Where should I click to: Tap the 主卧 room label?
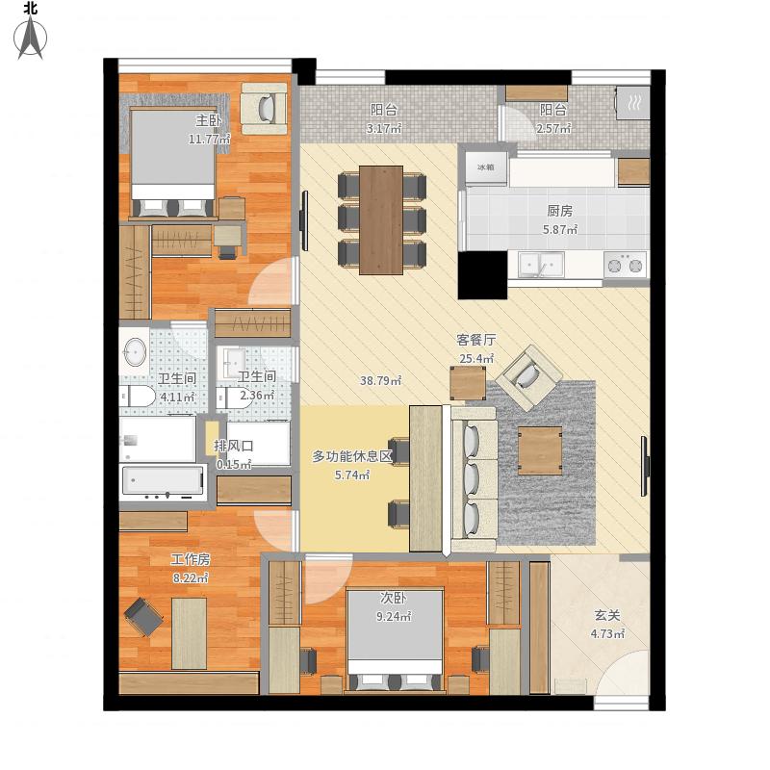click(x=209, y=120)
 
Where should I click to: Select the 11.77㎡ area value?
click(x=210, y=139)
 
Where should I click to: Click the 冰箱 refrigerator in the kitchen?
click(x=486, y=167)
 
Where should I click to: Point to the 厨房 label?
click(x=560, y=211)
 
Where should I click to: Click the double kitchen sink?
click(x=542, y=265)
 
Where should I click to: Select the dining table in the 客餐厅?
click(x=381, y=220)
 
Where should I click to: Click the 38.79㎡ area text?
click(x=381, y=380)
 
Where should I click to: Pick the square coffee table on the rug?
click(x=540, y=450)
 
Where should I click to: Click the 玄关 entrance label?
click(x=607, y=615)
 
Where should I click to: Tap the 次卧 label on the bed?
click(x=394, y=598)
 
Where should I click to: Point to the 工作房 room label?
click(x=191, y=559)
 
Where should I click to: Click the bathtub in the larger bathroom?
click(x=163, y=482)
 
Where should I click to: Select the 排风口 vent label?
click(x=234, y=446)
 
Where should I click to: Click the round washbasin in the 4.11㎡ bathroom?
click(x=135, y=351)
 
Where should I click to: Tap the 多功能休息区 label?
click(x=352, y=456)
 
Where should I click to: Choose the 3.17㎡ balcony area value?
click(x=384, y=129)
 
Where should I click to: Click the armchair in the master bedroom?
click(x=264, y=108)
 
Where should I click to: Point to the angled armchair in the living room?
click(x=528, y=377)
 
